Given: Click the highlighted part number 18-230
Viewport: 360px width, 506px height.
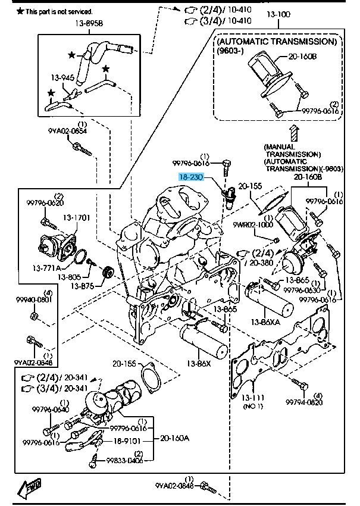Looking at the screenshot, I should (192, 177).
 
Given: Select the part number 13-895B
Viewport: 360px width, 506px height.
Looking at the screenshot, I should (89, 24).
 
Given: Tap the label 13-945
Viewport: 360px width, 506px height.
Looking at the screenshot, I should (62, 77).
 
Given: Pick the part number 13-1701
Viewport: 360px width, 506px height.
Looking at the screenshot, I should (77, 218).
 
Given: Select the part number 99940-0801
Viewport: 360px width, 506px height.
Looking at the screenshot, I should (34, 299).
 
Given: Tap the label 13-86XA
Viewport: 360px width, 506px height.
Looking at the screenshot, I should (264, 322).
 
